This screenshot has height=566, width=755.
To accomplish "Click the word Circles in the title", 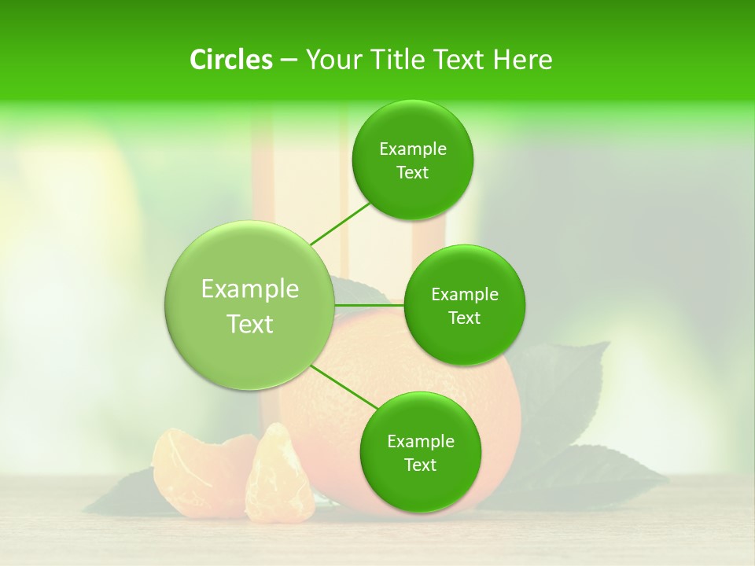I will click(x=231, y=60).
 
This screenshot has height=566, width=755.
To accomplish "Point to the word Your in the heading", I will click(x=334, y=60).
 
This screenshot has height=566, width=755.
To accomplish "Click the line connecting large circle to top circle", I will click(x=340, y=222).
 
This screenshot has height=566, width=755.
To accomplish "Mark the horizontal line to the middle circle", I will click(x=370, y=305).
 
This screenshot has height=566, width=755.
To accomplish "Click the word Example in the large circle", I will click(x=250, y=289).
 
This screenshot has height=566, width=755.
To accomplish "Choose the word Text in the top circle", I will click(x=412, y=173).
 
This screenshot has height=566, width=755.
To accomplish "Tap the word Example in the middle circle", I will click(x=465, y=295).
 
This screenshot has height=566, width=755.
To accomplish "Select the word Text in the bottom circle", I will click(x=420, y=465).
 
